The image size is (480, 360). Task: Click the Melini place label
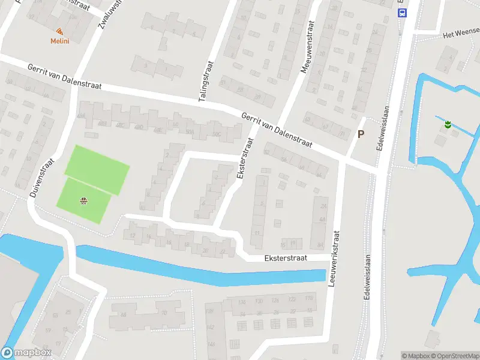[59, 41]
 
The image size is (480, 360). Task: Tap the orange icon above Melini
[59, 31]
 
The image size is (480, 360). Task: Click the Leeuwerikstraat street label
[334, 257]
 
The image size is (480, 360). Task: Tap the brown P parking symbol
[361, 134]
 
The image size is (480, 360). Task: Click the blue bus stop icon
[402, 12]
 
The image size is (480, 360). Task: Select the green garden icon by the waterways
[447, 125]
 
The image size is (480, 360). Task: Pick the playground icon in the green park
[83, 200]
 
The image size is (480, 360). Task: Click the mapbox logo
[26, 353]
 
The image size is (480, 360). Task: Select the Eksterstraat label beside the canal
[286, 258]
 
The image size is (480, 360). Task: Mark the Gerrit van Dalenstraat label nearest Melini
[64, 77]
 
